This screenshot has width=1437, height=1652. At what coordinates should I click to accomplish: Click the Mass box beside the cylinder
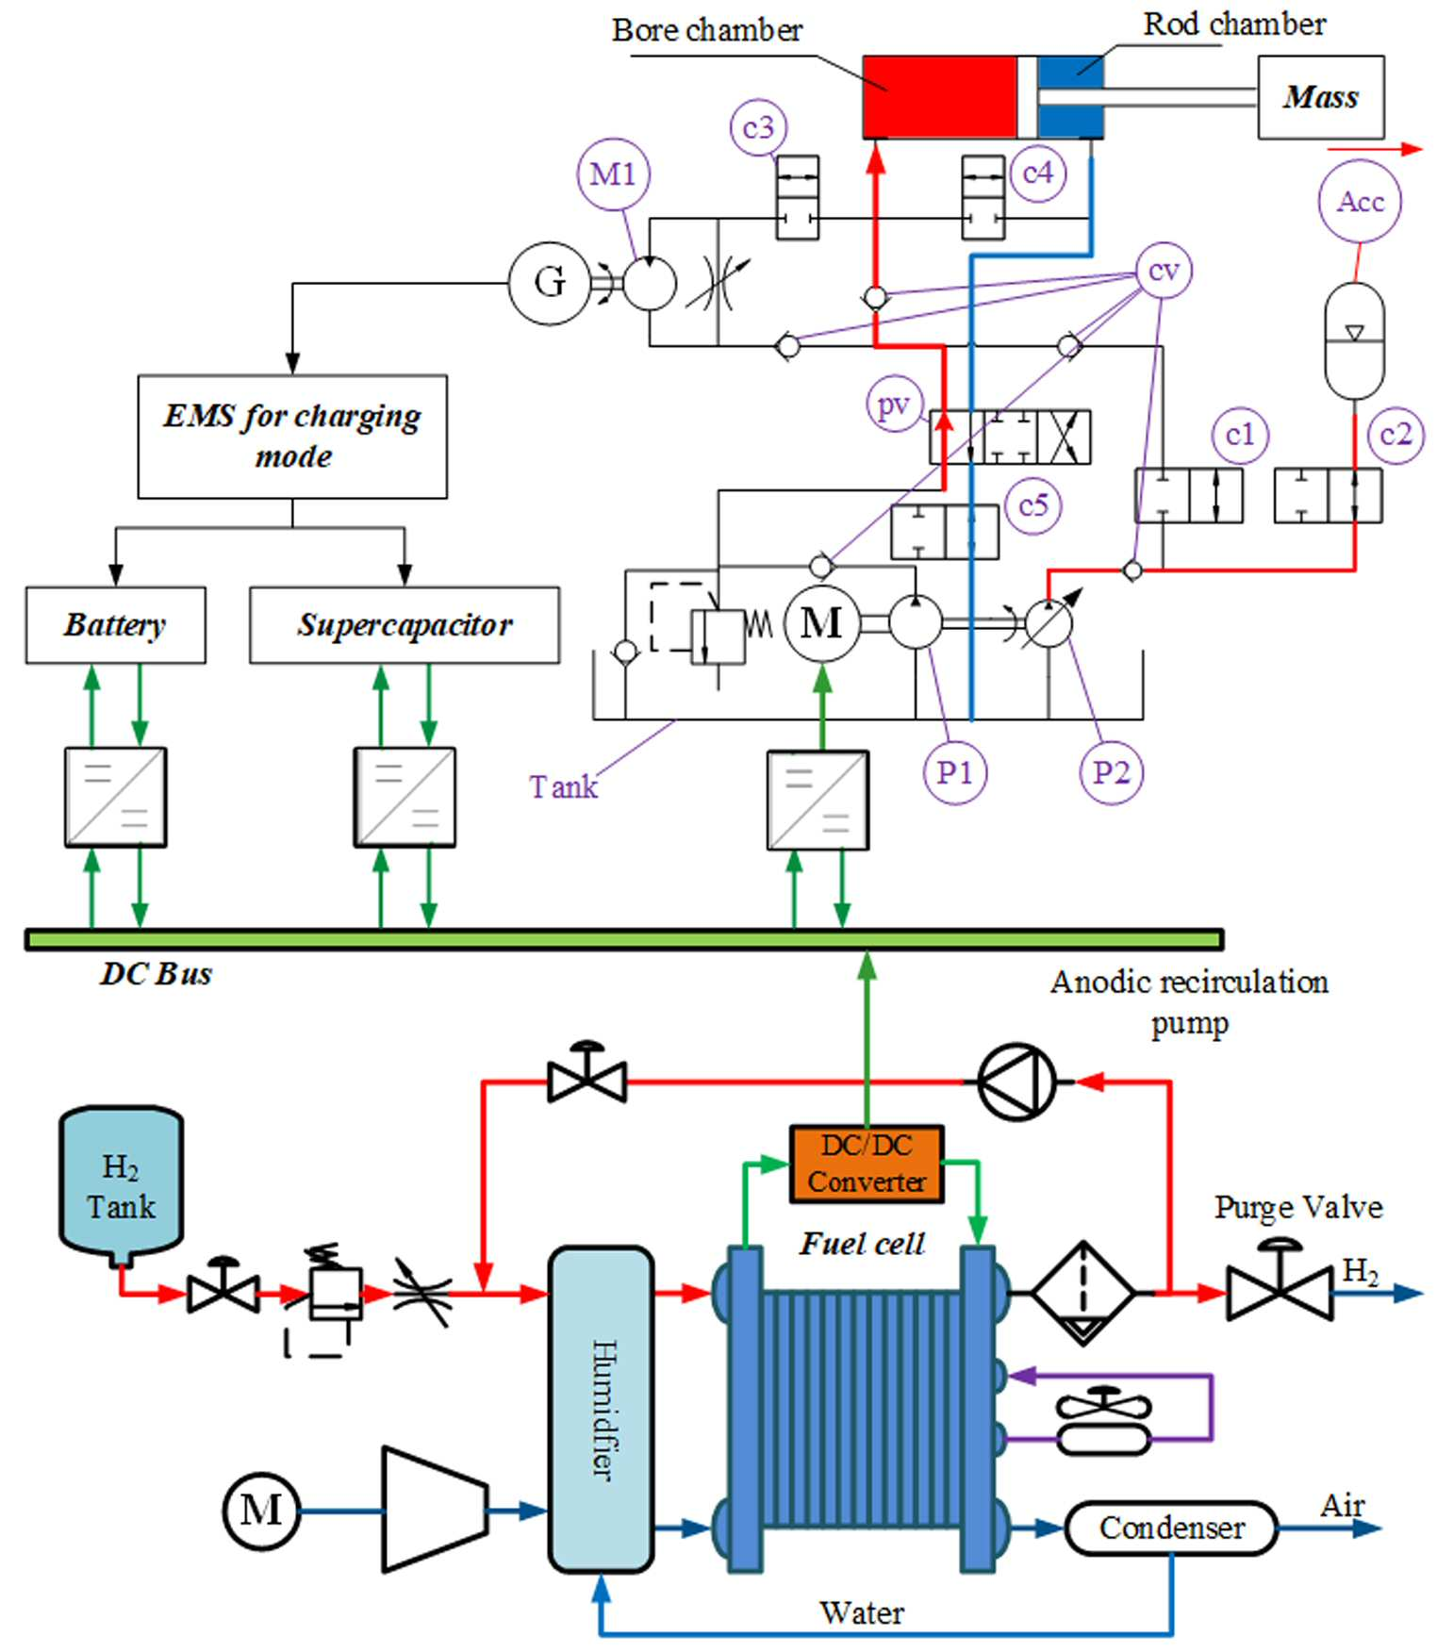(1321, 97)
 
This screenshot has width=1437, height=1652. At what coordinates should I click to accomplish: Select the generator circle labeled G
(549, 282)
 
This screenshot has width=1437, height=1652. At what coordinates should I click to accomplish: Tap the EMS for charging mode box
(292, 437)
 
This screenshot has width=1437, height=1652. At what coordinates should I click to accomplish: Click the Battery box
(115, 625)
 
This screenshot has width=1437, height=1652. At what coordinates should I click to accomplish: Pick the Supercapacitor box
(405, 625)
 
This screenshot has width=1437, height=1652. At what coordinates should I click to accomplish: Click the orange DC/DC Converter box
(867, 1164)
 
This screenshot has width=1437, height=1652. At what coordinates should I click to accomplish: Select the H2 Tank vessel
(121, 1186)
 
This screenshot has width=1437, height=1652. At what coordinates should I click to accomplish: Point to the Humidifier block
(602, 1410)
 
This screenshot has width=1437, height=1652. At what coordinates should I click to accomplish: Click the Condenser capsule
(1171, 1528)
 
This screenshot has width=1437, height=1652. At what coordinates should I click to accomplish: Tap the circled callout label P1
(954, 773)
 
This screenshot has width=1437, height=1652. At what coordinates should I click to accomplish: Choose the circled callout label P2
(1112, 773)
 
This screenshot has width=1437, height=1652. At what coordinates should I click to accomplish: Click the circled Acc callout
(1360, 202)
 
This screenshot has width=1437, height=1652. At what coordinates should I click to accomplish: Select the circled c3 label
(758, 127)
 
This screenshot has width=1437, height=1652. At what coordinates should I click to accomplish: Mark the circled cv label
(1164, 272)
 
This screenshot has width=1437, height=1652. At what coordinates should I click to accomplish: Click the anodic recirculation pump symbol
(1017, 1082)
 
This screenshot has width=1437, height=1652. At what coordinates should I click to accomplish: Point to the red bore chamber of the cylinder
(940, 97)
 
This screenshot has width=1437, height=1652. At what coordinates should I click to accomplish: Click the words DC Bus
(157, 974)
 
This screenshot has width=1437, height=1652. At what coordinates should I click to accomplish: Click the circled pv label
(894, 405)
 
